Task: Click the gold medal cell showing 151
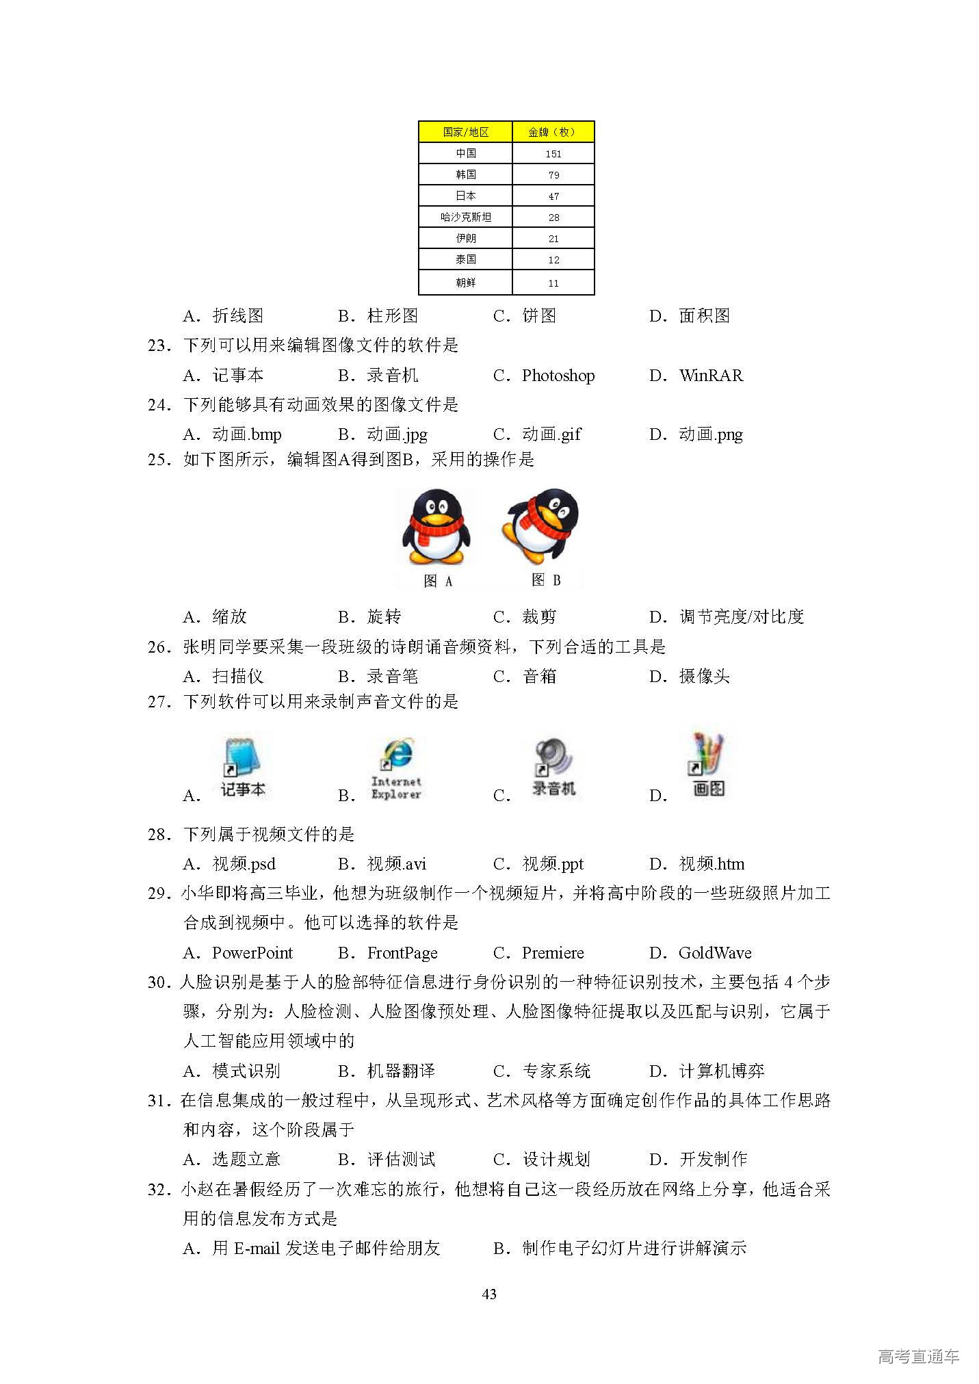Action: tap(553, 154)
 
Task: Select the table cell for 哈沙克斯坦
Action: tap(465, 217)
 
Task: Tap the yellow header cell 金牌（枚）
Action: tap(553, 132)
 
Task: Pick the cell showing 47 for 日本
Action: tap(553, 196)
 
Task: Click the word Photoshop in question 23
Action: tap(558, 376)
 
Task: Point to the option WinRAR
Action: tap(711, 376)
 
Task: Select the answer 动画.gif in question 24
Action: tap(551, 434)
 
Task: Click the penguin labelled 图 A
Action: tap(436, 527)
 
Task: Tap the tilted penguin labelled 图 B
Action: tap(542, 525)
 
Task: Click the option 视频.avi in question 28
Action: tap(396, 864)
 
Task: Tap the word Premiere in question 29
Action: tap(553, 953)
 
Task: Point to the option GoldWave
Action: tap(715, 953)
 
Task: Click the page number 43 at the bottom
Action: tap(489, 1294)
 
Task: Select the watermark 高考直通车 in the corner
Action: tap(918, 1356)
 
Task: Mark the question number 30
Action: tap(159, 982)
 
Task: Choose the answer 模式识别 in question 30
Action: tap(246, 1071)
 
